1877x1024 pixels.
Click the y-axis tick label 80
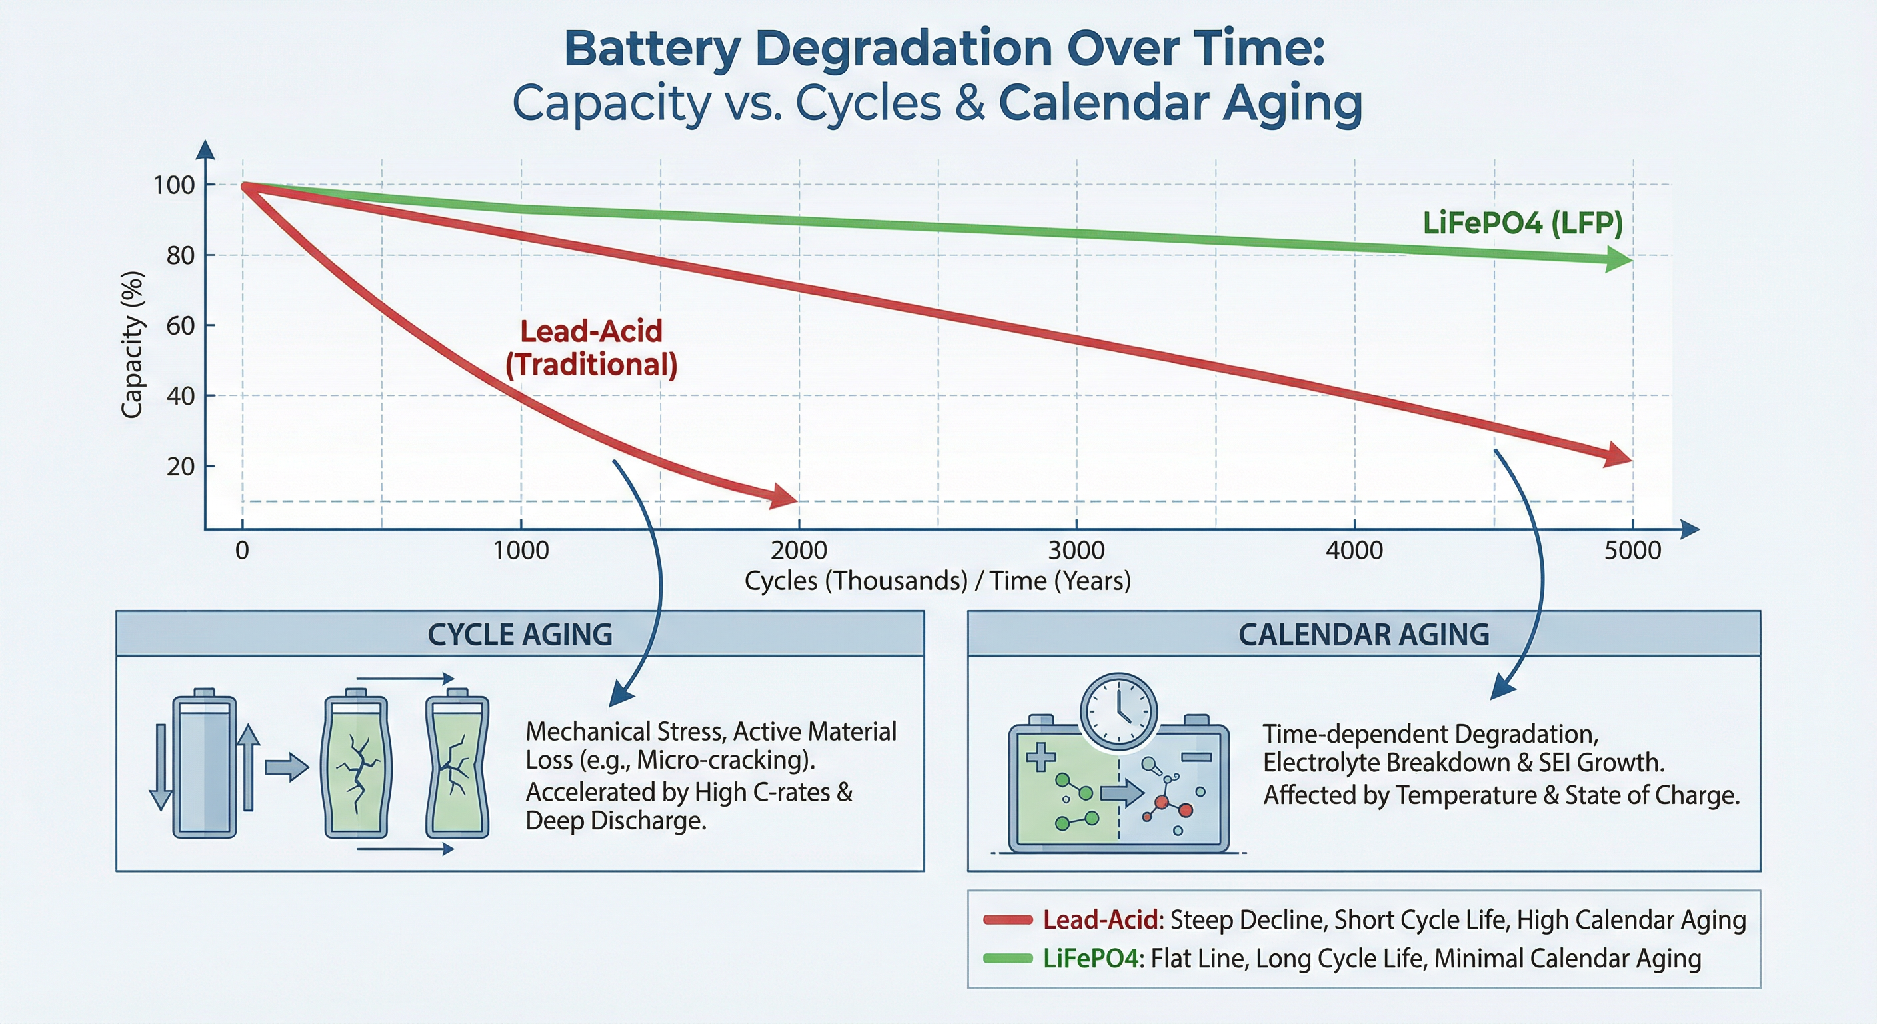(180, 256)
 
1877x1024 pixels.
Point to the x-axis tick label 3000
(1076, 550)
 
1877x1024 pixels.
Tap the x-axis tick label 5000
(1632, 550)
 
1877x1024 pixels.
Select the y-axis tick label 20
(180, 467)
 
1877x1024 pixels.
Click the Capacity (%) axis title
(132, 344)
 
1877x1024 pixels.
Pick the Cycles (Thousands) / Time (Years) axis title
(937, 581)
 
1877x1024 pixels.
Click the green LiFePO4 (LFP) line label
(1522, 223)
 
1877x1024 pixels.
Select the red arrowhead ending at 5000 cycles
(1618, 455)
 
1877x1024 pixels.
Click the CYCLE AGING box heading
(519, 634)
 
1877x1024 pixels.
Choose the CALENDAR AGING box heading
(1363, 634)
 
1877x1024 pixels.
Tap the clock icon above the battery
(1118, 710)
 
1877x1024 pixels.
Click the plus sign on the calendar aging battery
(1040, 757)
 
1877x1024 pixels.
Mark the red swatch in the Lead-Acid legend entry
(1008, 920)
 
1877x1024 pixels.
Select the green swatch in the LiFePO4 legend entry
(1008, 959)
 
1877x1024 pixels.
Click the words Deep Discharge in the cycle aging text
(615, 821)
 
